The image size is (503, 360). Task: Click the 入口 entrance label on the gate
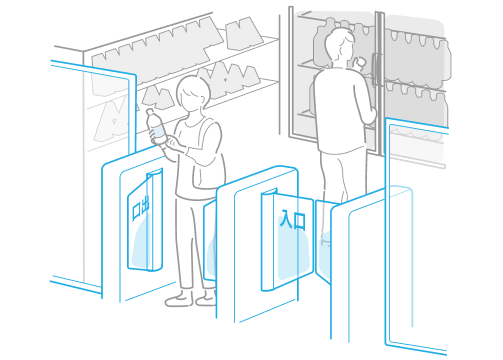(x=292, y=219)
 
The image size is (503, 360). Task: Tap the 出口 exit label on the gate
(x=140, y=208)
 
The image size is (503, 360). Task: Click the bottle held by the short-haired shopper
(x=157, y=128)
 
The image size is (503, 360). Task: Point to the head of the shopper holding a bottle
(x=193, y=92)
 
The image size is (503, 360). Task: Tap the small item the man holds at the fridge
(x=360, y=62)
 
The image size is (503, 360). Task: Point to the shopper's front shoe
(x=179, y=299)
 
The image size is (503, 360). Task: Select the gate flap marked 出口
(x=145, y=220)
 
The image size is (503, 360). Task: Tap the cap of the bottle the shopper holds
(x=149, y=111)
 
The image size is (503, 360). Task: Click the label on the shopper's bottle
(x=158, y=131)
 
